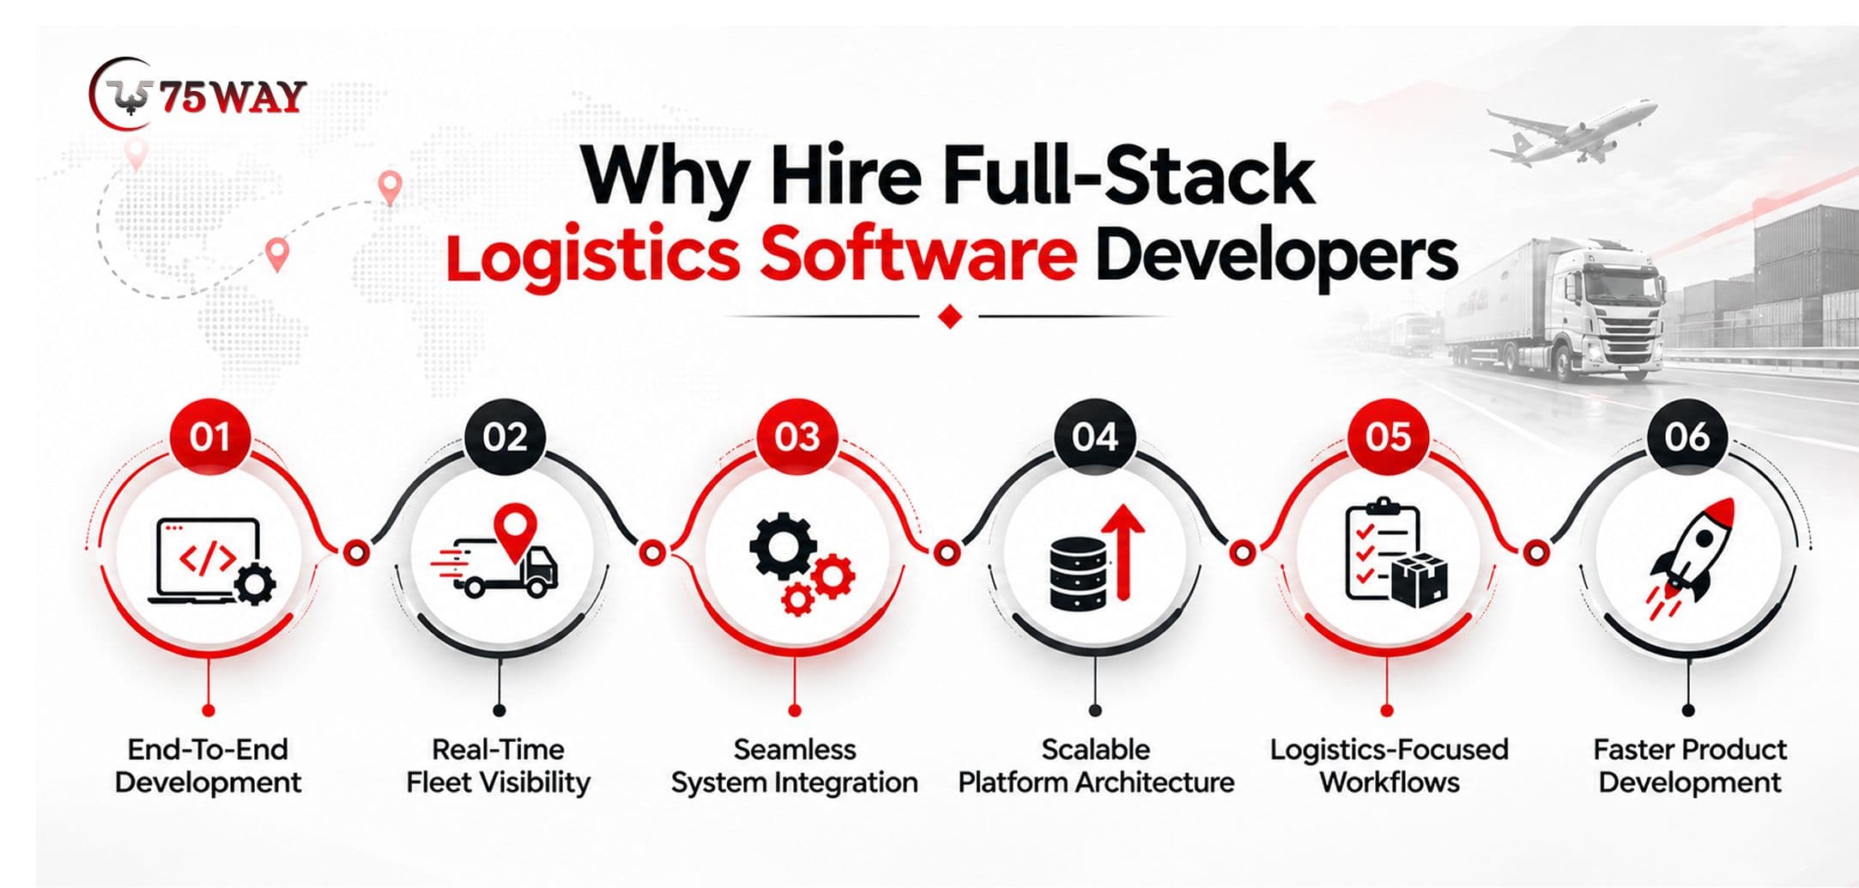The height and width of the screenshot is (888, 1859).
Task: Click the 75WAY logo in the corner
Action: (197, 94)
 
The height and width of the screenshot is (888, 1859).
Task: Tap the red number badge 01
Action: (209, 437)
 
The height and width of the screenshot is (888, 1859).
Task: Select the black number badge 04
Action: (1094, 437)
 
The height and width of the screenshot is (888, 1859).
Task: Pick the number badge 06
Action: (1686, 437)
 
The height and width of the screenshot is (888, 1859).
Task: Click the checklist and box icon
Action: (1396, 553)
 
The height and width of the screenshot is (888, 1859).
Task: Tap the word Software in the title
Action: (917, 255)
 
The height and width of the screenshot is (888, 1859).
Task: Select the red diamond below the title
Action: (950, 317)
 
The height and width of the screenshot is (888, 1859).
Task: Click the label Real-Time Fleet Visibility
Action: (498, 766)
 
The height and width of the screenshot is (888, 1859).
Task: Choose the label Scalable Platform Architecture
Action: (1096, 766)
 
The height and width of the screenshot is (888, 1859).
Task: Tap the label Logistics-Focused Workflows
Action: (1390, 766)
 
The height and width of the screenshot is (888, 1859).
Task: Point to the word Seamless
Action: (795, 750)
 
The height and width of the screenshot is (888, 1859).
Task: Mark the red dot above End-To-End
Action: (208, 710)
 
